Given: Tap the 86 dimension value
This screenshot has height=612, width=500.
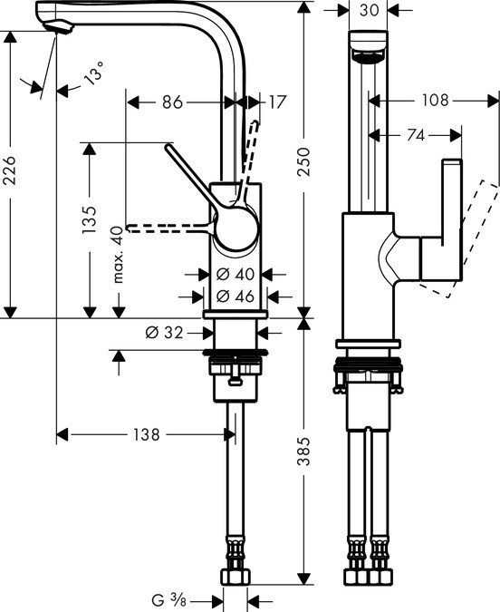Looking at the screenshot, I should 172,102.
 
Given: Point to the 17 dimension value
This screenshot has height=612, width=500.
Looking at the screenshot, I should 277,102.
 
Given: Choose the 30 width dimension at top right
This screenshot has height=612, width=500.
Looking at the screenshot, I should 368,11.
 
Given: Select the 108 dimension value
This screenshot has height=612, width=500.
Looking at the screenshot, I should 436,101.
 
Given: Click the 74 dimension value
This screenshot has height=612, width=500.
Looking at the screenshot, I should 416,135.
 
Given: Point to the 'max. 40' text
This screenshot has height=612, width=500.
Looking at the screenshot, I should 115,256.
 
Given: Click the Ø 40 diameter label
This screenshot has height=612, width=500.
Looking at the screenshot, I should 234,273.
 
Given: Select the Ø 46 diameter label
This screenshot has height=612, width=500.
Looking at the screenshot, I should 234,295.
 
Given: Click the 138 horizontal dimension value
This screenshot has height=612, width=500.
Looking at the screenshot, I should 144,435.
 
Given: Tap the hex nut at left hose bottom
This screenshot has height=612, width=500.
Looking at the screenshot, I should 236,577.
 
